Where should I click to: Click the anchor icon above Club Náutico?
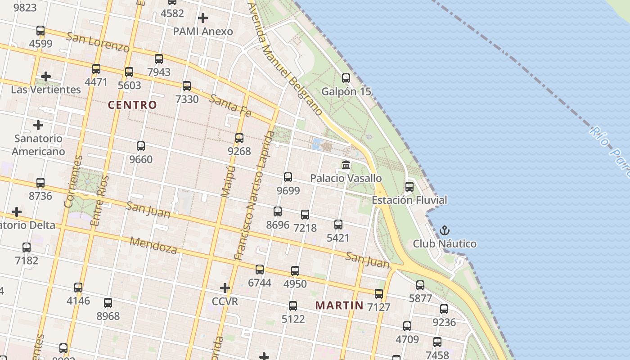445,231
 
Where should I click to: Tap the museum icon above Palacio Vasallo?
346,165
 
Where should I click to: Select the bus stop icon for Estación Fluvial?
409,186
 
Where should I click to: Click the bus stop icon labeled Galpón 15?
346,78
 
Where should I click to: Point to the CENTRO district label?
132,105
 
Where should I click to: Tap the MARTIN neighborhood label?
339,305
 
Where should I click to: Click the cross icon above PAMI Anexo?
203,18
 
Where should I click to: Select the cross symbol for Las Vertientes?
45,76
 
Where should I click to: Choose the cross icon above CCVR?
225,288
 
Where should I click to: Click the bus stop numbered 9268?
239,138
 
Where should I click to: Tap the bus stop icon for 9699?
288,177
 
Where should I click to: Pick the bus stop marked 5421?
338,224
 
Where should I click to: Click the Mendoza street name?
153,245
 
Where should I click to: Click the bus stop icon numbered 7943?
159,59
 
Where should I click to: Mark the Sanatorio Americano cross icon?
38,125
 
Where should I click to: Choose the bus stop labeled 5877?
420,285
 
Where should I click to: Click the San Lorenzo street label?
98,42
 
